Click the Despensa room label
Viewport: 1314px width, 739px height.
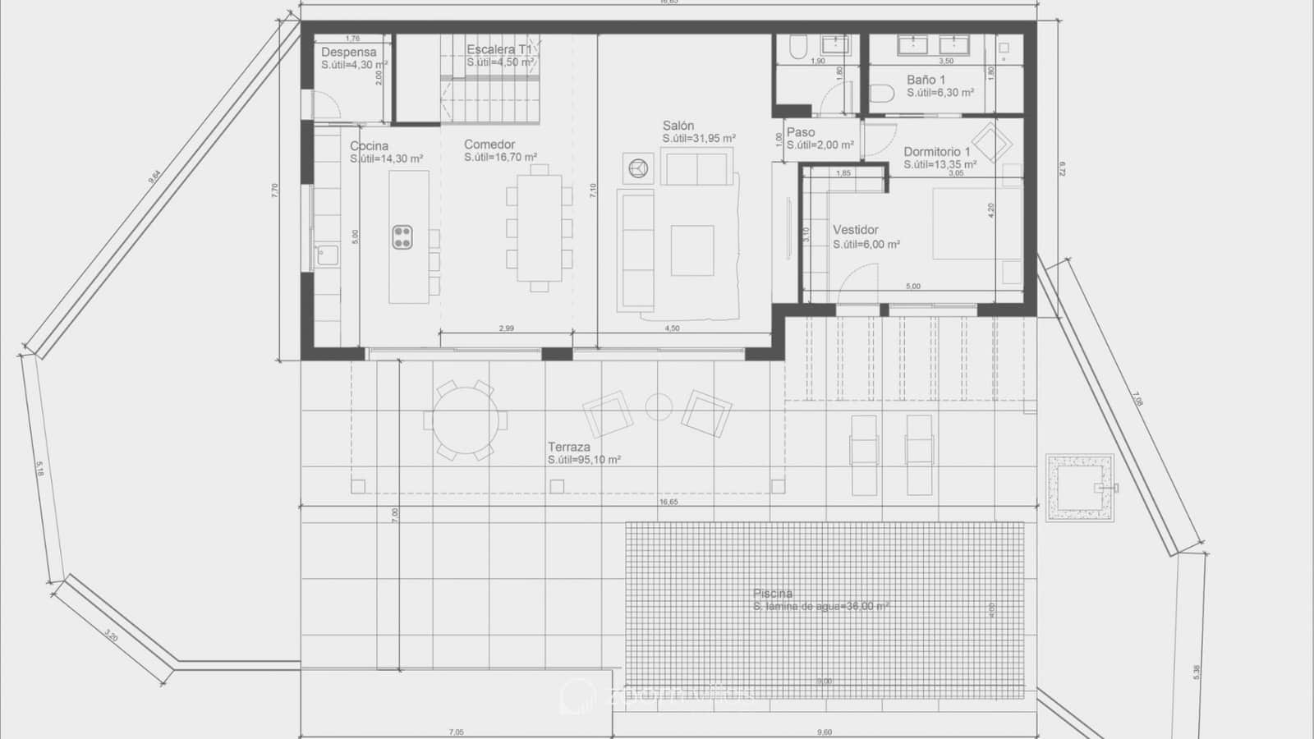point(348,52)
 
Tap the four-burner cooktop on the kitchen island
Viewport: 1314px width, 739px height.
point(402,237)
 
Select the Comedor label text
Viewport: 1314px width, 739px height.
point(489,145)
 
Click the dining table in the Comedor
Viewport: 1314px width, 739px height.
point(539,227)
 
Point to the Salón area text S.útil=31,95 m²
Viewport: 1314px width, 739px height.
point(699,139)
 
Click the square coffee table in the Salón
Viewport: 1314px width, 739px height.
point(692,250)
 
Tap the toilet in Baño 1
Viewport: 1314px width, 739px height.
point(881,94)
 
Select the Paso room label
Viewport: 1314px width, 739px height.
point(801,132)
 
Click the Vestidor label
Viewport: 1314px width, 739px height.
point(855,230)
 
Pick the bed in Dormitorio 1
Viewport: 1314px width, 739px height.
point(976,223)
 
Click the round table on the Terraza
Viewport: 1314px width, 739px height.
point(465,420)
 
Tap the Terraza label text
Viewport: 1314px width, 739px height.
point(569,448)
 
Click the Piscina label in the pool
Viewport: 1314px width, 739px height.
point(773,594)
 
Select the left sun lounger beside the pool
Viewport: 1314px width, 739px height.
point(864,454)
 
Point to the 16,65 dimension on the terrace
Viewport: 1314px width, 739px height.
point(668,502)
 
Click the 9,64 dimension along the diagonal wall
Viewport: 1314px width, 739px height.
point(154,177)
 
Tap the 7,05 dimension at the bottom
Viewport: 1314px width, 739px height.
point(456,732)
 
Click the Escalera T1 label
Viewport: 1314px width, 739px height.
point(498,49)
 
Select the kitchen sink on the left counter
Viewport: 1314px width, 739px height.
point(327,255)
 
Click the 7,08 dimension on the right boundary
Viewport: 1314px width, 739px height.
point(1137,399)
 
